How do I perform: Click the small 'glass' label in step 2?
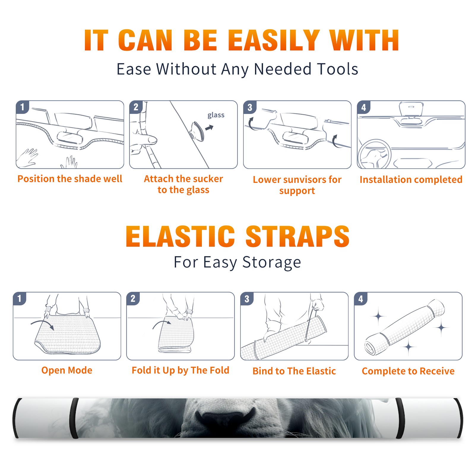click(x=216, y=115)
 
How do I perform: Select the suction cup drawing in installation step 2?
click(x=198, y=131)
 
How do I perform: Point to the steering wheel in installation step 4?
click(x=374, y=154)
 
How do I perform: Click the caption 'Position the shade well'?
click(x=70, y=179)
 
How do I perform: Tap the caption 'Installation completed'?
click(x=411, y=179)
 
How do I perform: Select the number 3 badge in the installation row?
click(x=250, y=107)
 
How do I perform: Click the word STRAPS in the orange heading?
click(x=297, y=236)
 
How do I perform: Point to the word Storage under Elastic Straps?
click(x=272, y=262)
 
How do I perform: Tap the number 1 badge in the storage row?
click(x=20, y=298)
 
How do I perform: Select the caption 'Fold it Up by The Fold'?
click(x=180, y=370)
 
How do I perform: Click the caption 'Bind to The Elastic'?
click(x=294, y=371)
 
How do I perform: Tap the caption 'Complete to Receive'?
click(x=408, y=371)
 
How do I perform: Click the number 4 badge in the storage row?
click(x=361, y=299)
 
